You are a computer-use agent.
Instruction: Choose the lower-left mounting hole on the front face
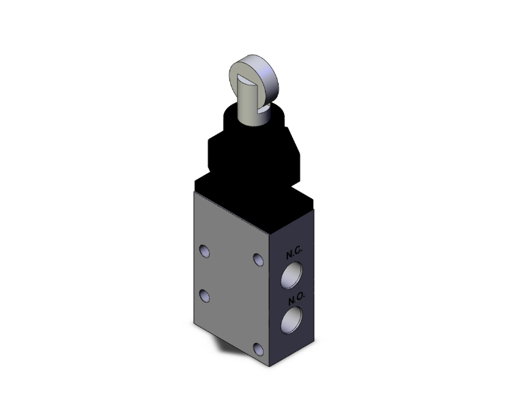pyautogui.click(x=204, y=295)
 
